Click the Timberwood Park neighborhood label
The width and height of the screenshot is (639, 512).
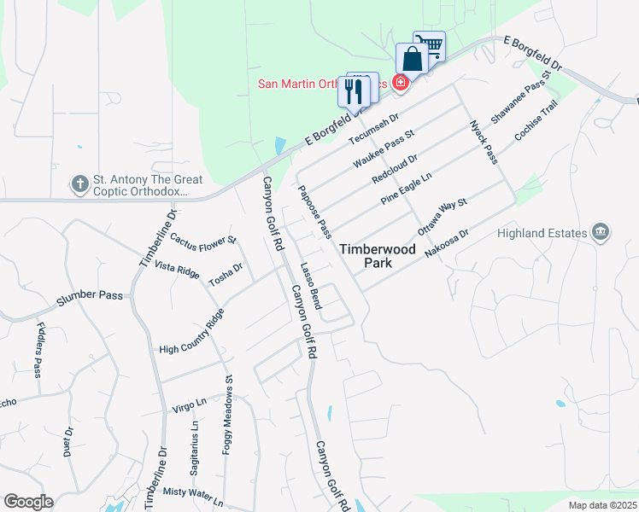[x=377, y=256]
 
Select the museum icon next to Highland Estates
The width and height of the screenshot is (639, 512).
[x=601, y=231]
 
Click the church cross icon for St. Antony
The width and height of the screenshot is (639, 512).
[x=79, y=183]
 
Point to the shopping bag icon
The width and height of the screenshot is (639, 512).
[x=412, y=60]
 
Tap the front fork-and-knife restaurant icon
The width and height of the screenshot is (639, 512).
[x=354, y=90]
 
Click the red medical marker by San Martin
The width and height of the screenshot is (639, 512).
[x=399, y=82]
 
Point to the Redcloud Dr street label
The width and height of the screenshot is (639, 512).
[x=395, y=168]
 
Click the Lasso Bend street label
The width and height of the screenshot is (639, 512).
[x=310, y=286]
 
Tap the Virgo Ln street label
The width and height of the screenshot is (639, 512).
[x=190, y=401]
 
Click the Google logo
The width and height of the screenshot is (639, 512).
[x=28, y=502]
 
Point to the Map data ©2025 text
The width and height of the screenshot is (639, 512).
[x=602, y=505]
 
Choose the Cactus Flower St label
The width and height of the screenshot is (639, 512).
[x=202, y=241]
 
